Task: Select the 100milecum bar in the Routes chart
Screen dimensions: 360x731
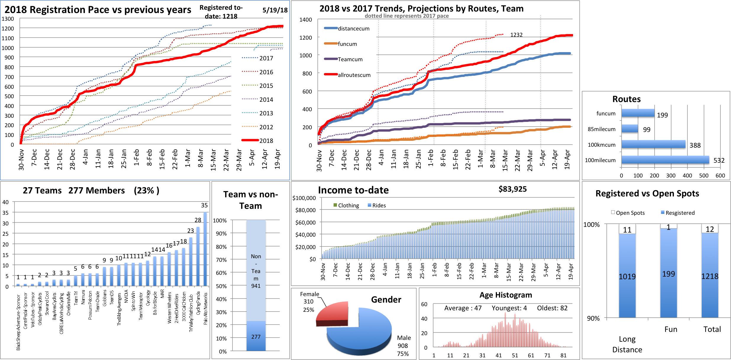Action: [x=665, y=160]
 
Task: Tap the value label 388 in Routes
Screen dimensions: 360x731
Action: [x=695, y=145]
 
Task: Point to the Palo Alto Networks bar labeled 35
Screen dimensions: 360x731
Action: [x=205, y=248]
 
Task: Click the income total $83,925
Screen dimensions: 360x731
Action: [x=512, y=189]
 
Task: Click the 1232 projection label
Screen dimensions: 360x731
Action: [x=516, y=35]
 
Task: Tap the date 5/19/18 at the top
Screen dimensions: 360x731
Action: [x=275, y=10]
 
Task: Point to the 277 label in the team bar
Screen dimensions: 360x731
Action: [x=256, y=337]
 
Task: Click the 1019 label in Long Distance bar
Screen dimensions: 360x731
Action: [x=627, y=277]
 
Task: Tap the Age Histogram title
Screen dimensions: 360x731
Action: [x=506, y=295]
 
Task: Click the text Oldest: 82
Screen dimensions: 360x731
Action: [x=552, y=308]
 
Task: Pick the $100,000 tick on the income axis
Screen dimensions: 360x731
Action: [x=304, y=198]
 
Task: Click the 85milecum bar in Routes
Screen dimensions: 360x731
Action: [x=630, y=129]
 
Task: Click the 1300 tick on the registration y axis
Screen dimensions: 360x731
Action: [x=8, y=19]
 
